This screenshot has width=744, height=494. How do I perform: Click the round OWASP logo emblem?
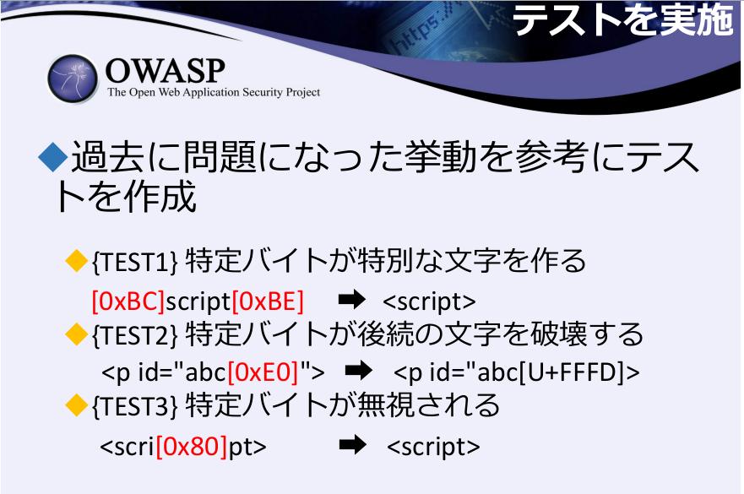point(73,79)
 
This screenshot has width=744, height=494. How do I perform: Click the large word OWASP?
point(166,71)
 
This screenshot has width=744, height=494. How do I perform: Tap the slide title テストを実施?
point(623,19)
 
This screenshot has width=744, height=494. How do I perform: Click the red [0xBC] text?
point(128,301)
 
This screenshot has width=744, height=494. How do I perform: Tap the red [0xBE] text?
point(268,301)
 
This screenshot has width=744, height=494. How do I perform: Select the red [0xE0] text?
point(263,372)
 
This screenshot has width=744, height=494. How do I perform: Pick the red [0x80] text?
point(191,447)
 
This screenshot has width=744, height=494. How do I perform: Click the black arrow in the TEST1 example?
point(351,300)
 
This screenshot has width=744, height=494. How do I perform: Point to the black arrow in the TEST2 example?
point(359,371)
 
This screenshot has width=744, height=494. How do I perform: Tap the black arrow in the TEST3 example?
point(353,445)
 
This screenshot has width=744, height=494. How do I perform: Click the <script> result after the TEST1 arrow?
point(429,302)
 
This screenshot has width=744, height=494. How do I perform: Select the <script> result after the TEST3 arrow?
point(433,447)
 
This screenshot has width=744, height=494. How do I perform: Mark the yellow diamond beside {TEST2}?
point(76,334)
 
